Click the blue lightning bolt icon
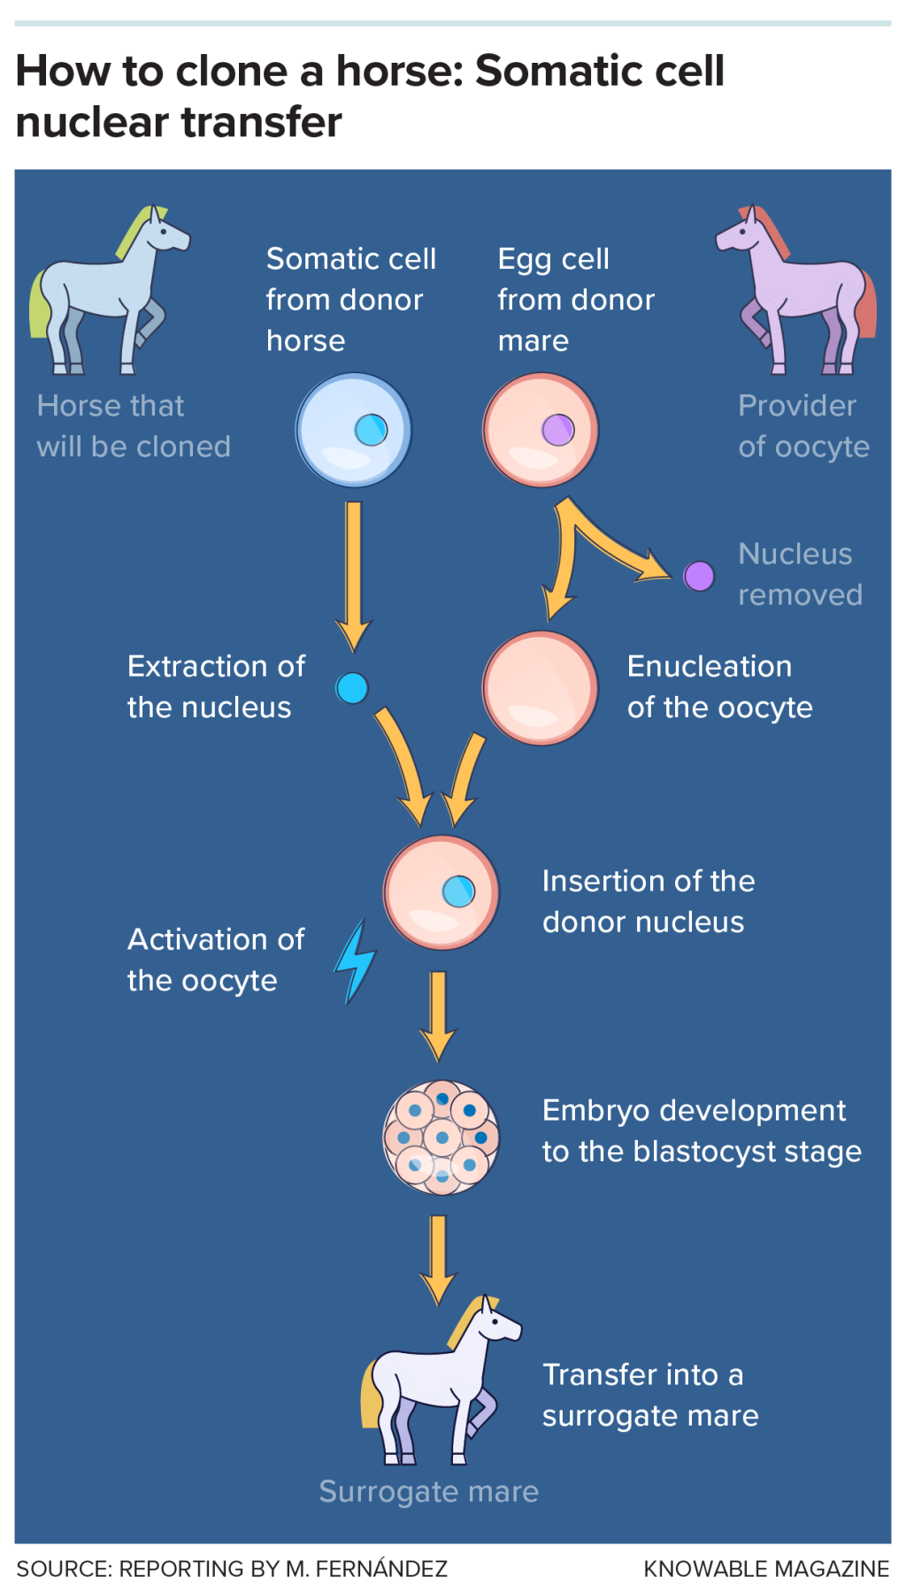click(x=356, y=962)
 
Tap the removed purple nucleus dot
click(x=699, y=576)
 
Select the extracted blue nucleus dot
click(x=352, y=688)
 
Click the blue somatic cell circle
click(x=353, y=430)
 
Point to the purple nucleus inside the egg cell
click(x=557, y=430)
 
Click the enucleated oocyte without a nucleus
click(x=540, y=687)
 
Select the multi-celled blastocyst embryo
click(x=441, y=1137)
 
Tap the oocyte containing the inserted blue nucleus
click(x=441, y=892)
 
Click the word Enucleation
click(x=709, y=666)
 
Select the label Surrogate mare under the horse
click(x=428, y=1491)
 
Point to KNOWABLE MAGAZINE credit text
click(x=766, y=1569)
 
